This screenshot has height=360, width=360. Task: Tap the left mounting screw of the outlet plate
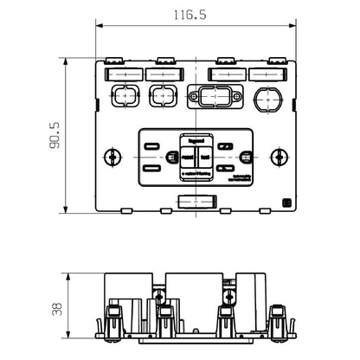click(111, 157)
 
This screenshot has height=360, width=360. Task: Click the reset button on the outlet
click(186, 157)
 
